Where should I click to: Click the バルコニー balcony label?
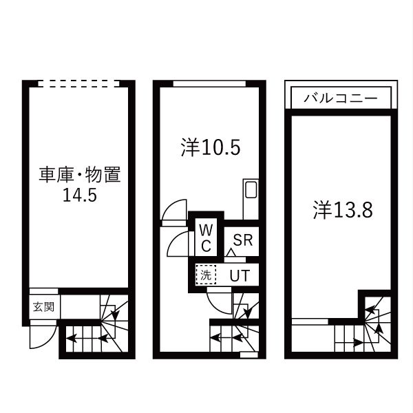(341, 98)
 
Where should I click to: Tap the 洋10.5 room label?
(211, 147)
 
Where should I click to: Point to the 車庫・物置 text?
(79, 176)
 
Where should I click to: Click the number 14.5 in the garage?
(79, 195)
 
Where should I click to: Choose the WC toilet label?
(206, 237)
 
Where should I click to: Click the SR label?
(242, 240)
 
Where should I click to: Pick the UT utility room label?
(239, 275)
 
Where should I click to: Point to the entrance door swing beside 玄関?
(39, 337)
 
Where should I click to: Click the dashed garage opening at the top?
(79, 83)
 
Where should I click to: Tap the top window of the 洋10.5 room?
(209, 83)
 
